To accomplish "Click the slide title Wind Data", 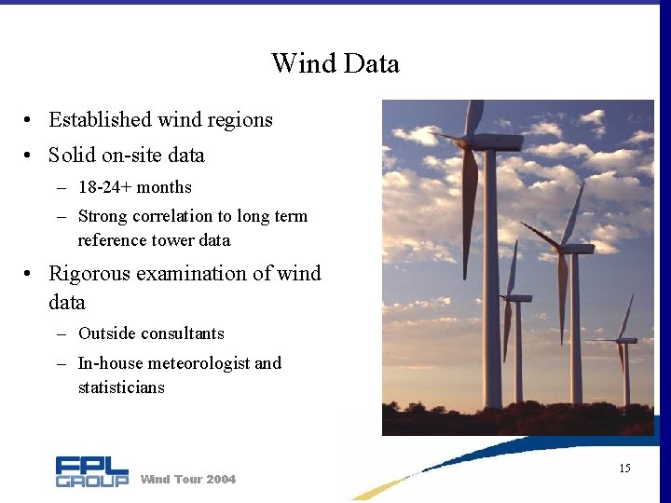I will pyautogui.click(x=335, y=63).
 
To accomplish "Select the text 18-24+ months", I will pyautogui.click(x=134, y=187).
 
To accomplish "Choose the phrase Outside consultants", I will pyautogui.click(x=151, y=333).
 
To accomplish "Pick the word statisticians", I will pyautogui.click(x=121, y=387).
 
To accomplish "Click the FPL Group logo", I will pyautogui.click(x=91, y=471).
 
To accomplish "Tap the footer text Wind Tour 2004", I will pyautogui.click(x=187, y=479).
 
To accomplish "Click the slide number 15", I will pyautogui.click(x=624, y=468).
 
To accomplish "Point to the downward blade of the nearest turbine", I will pyautogui.click(x=469, y=214).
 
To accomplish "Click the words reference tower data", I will pyautogui.click(x=154, y=240).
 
